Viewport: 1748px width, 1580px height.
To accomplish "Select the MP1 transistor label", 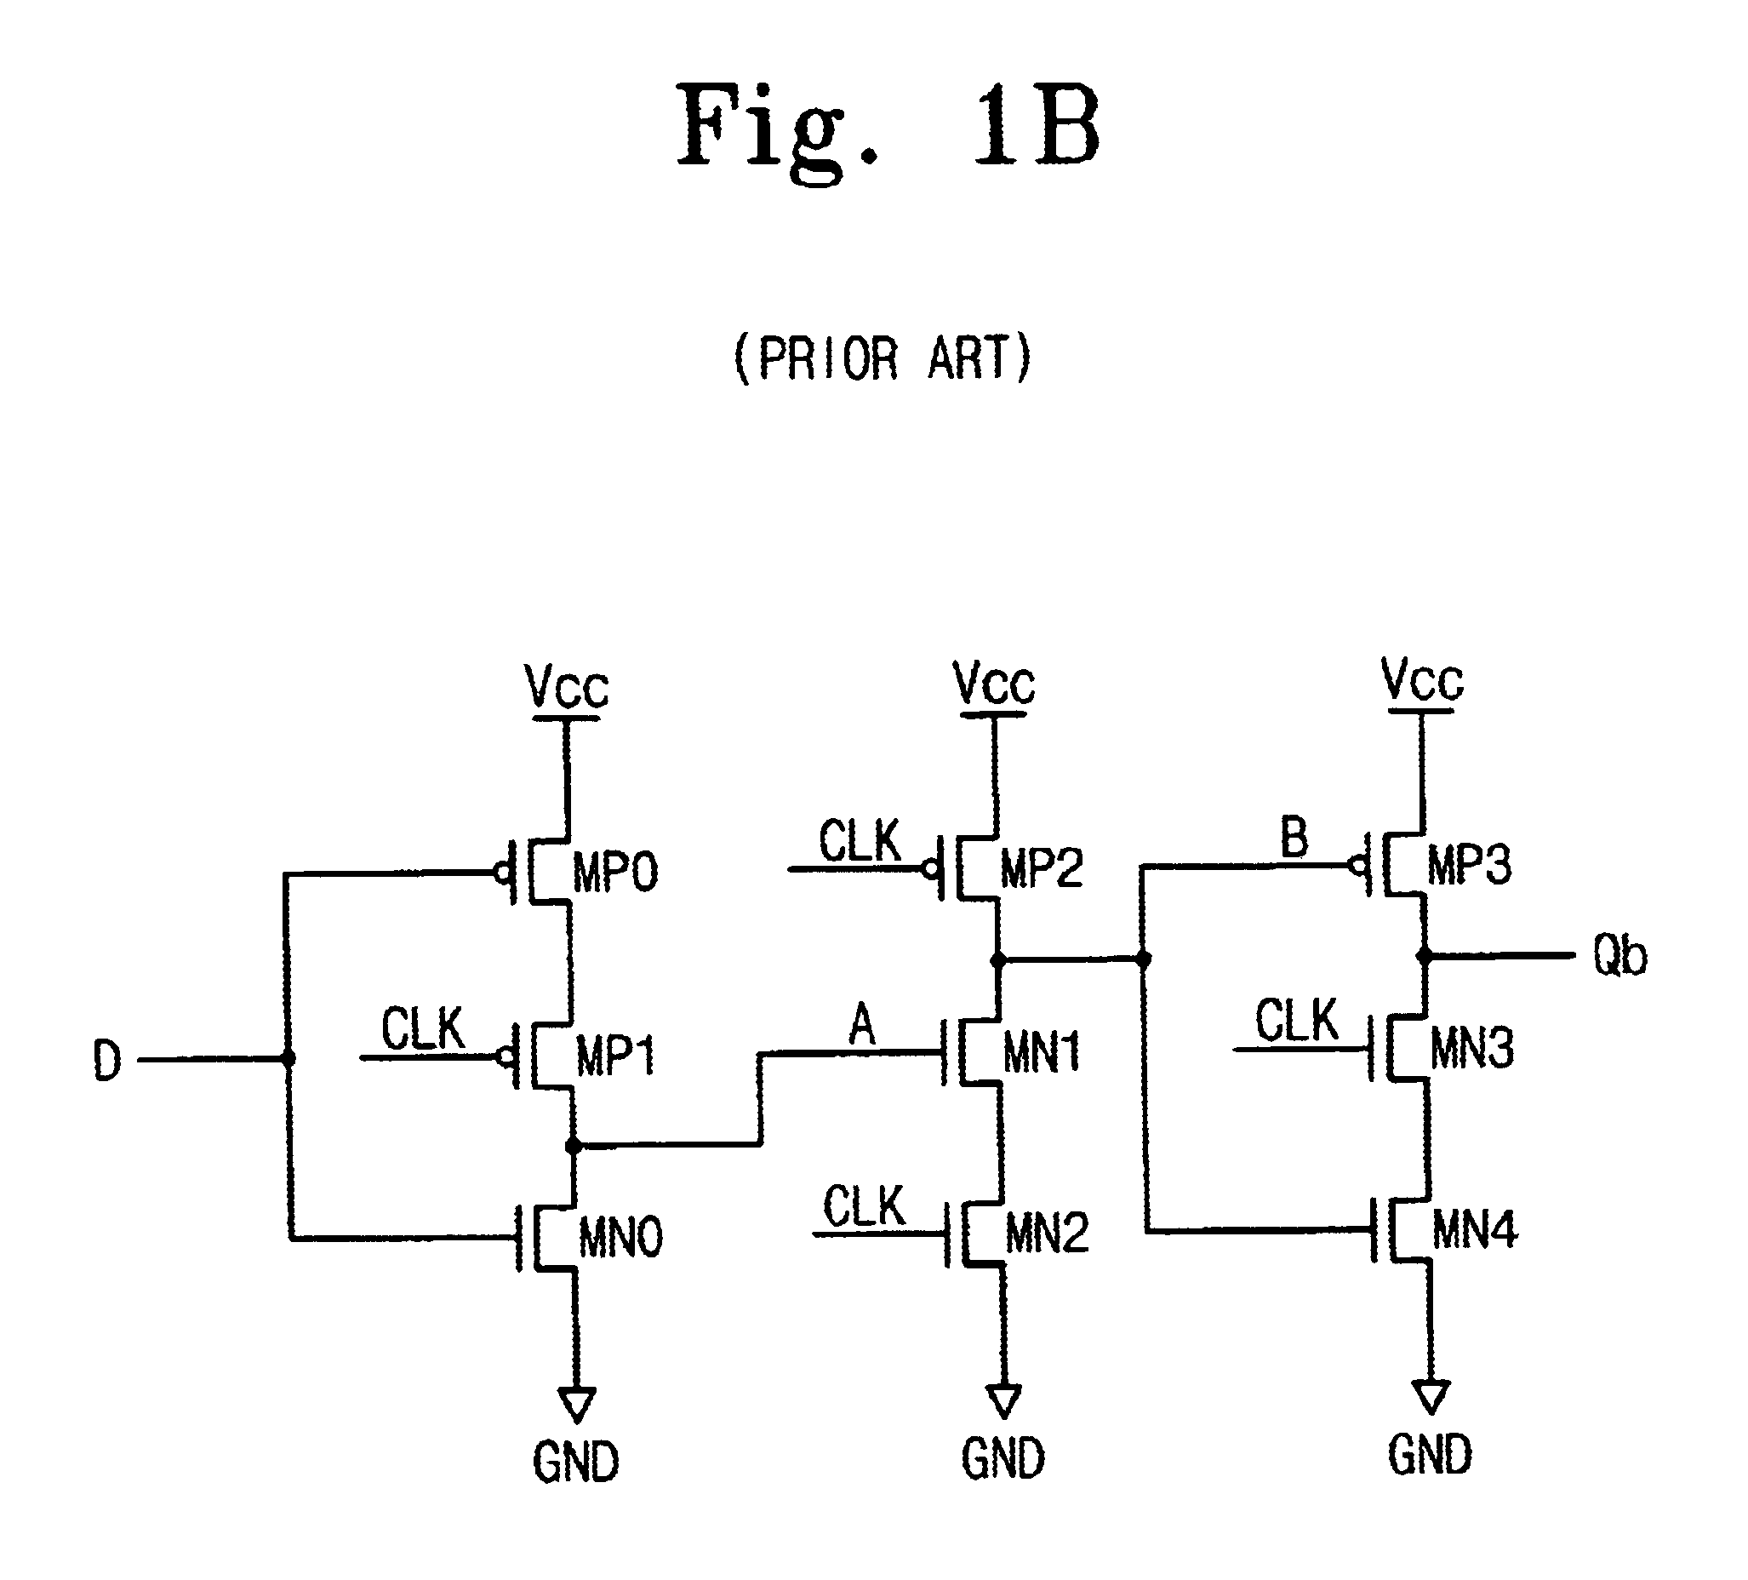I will (615, 1056).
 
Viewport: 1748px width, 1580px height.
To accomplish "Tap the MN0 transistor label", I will (620, 1238).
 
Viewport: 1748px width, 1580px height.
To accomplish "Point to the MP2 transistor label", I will (1043, 867).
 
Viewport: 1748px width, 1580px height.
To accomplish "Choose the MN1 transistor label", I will (1043, 1054).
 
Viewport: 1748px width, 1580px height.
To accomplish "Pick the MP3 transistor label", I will (1470, 865).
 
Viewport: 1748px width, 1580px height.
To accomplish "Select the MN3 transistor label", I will (1472, 1049).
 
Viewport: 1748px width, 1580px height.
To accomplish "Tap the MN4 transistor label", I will (1475, 1229).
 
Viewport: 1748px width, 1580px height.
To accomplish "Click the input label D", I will (106, 1061).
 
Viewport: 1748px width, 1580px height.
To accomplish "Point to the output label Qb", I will (1619, 957).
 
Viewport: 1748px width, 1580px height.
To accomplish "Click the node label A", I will (862, 1026).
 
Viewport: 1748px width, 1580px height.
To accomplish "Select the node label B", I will (1294, 838).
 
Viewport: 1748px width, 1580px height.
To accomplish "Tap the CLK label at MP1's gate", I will (423, 1029).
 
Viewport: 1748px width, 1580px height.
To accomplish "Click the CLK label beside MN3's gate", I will (1297, 1021).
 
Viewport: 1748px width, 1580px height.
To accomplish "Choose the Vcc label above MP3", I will (1422, 680).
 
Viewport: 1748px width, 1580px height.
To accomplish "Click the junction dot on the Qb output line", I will (1424, 957).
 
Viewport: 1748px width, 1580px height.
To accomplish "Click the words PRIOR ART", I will (883, 358).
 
